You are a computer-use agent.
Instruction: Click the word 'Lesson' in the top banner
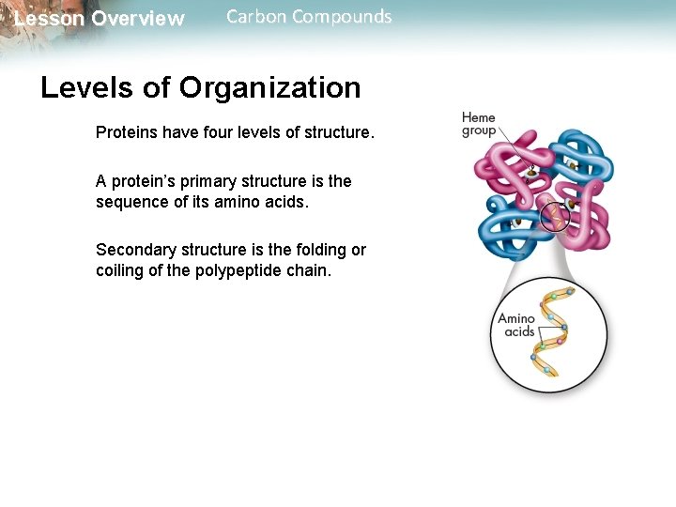click(x=49, y=19)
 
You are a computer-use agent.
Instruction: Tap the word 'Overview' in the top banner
click(x=138, y=19)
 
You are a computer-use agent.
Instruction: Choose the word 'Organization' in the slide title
click(x=269, y=87)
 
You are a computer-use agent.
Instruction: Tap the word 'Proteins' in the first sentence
click(x=127, y=132)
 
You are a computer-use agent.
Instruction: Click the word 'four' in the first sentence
click(x=214, y=132)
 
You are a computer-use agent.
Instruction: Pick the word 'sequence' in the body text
click(x=129, y=201)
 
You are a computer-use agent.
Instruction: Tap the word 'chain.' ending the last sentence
click(x=306, y=270)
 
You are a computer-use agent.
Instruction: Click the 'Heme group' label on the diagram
click(x=479, y=124)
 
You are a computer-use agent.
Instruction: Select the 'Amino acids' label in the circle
click(x=516, y=325)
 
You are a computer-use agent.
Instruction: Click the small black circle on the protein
click(x=555, y=217)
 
